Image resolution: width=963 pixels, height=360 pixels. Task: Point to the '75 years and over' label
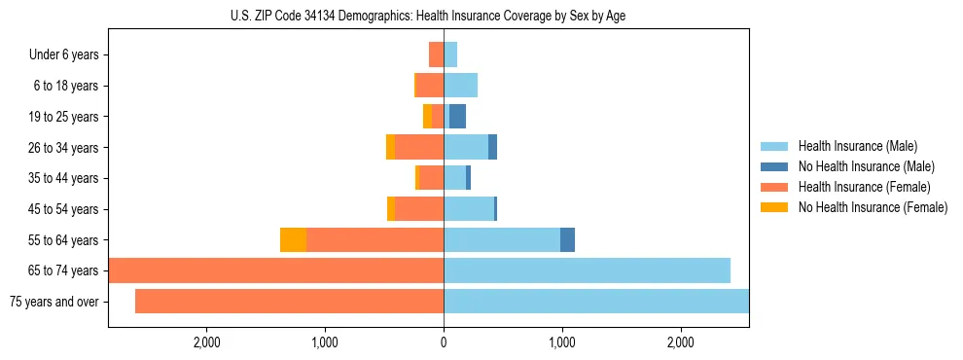(53, 302)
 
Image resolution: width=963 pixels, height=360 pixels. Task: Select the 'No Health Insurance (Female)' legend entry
(873, 207)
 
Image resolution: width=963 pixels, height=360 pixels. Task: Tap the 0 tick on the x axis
(444, 342)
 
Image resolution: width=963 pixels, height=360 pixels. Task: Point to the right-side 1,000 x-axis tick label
(562, 342)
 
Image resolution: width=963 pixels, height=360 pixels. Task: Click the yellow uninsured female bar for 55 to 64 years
(293, 240)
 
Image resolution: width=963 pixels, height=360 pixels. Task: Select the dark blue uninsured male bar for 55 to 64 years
(567, 240)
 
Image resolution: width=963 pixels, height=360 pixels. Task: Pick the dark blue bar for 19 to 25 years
(457, 117)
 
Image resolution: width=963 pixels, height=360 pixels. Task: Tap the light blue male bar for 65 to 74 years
(587, 270)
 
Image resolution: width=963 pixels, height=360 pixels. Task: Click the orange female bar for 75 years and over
(289, 302)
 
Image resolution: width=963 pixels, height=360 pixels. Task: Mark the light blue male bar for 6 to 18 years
(460, 86)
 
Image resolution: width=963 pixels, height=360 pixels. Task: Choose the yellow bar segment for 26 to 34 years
(390, 148)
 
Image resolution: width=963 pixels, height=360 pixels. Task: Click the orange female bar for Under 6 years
(436, 55)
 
